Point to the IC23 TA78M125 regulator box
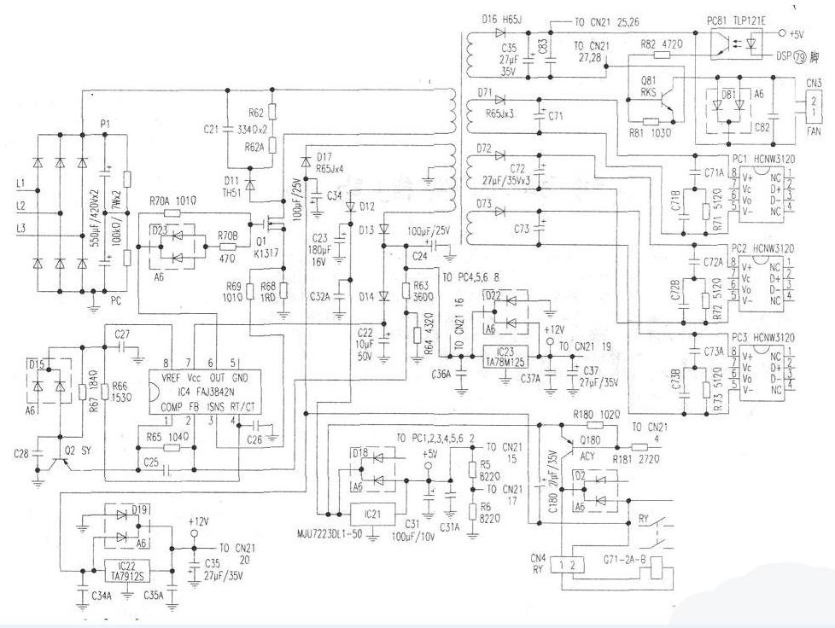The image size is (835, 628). [511, 355]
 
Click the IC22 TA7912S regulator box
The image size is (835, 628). [126, 570]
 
